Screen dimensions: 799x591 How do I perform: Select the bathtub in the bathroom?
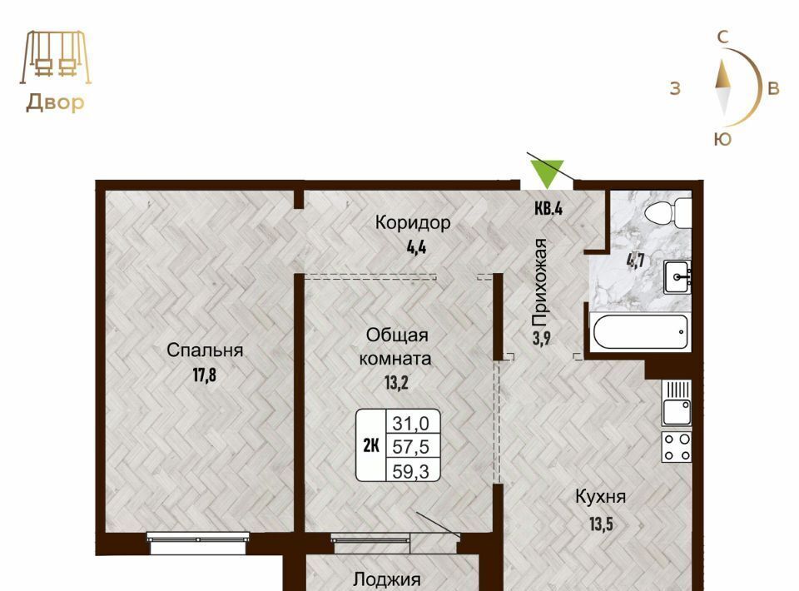[x=641, y=331]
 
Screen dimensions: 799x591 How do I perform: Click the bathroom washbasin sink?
[x=677, y=277]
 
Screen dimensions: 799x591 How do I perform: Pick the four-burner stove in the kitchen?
[x=677, y=447]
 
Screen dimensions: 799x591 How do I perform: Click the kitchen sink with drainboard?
[x=677, y=403]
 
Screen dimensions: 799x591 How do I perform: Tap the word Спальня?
[x=205, y=350]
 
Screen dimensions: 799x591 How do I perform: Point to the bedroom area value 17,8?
[x=205, y=375]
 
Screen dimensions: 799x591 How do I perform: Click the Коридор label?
[x=413, y=222]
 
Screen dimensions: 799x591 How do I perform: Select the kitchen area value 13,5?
[x=601, y=524]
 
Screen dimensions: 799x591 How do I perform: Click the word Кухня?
[x=600, y=497]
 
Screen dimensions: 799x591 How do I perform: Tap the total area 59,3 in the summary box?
[x=410, y=471]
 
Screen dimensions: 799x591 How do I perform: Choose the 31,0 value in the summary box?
[x=410, y=422]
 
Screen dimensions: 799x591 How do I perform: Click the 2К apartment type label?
[x=371, y=446]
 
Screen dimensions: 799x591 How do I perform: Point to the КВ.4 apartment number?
[x=548, y=209]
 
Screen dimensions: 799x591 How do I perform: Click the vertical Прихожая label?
[x=539, y=283]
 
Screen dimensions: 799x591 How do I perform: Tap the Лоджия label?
[x=387, y=580]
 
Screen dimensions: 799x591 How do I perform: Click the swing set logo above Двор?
[x=56, y=57]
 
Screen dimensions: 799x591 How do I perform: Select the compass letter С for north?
[x=722, y=37]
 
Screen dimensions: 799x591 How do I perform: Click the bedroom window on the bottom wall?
[x=198, y=542]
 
